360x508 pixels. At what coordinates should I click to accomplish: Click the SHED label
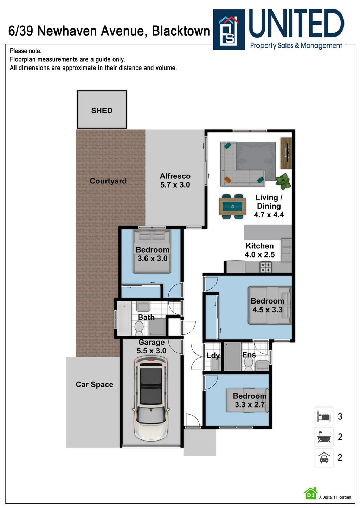(x=102, y=111)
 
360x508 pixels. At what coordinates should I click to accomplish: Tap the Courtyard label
(x=108, y=181)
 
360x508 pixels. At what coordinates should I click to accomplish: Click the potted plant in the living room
(x=283, y=181)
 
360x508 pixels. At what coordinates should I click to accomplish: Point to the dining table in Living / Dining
(x=232, y=207)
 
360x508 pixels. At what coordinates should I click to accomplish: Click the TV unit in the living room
(x=287, y=153)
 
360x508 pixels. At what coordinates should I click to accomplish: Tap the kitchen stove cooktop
(x=265, y=267)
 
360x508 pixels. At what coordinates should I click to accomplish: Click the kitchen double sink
(x=286, y=247)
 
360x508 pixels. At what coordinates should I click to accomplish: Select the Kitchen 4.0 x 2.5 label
(x=260, y=250)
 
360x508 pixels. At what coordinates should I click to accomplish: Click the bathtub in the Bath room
(x=124, y=319)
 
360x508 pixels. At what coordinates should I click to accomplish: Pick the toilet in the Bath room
(x=139, y=328)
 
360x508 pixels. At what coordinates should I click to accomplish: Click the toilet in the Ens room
(x=249, y=364)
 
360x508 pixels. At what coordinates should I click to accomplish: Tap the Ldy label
(x=213, y=356)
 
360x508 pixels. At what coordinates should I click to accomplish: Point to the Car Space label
(x=94, y=385)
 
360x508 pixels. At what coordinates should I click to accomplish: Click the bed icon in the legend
(x=324, y=417)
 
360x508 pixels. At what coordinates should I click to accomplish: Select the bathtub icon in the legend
(x=324, y=437)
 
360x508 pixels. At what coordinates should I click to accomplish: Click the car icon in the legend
(x=324, y=458)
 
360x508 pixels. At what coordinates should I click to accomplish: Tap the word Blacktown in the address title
(x=181, y=31)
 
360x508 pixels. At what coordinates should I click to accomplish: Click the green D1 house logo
(x=310, y=494)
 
